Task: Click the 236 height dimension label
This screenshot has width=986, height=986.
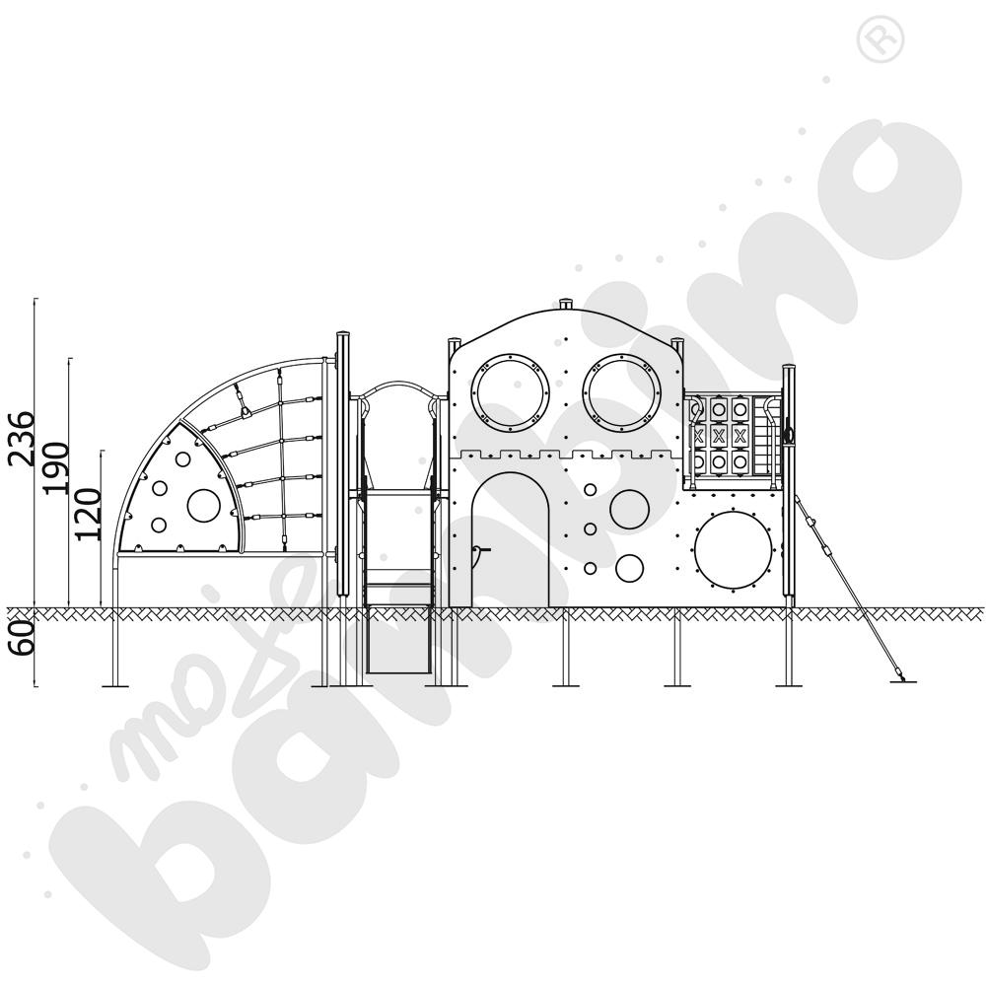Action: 23,437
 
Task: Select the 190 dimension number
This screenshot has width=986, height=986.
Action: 57,466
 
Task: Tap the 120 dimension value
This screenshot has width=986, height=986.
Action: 90,514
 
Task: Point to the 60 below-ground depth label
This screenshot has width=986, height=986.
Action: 23,633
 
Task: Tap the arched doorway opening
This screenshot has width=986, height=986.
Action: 512,540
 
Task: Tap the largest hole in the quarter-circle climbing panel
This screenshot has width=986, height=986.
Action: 204,506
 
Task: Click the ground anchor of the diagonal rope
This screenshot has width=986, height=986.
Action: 902,677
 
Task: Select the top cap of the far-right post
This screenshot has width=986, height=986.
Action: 789,369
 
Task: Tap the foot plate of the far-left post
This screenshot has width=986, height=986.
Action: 116,684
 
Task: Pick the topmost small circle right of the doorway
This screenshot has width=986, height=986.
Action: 590,489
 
